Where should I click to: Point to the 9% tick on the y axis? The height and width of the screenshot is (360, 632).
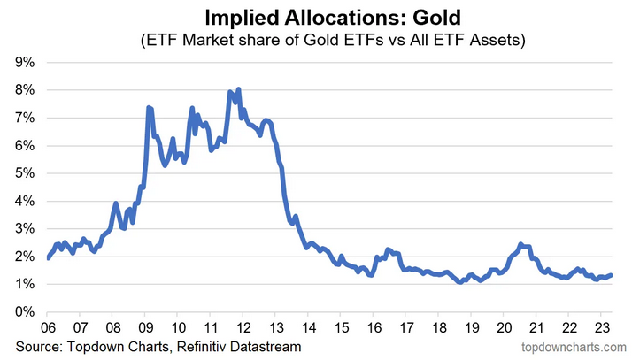pyautogui.click(x=24, y=62)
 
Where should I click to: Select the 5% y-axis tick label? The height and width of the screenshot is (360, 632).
pyautogui.click(x=24, y=173)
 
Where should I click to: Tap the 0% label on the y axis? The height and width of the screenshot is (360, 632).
pyautogui.click(x=24, y=312)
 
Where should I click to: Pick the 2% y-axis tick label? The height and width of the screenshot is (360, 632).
pyautogui.click(x=24, y=257)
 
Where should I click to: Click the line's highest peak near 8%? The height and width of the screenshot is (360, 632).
pyautogui.click(x=239, y=89)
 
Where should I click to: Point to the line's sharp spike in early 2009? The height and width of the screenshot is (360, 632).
pyautogui.click(x=149, y=107)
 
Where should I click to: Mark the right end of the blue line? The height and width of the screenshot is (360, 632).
pyautogui.click(x=612, y=275)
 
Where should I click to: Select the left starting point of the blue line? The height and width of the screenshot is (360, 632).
pyautogui.click(x=47, y=258)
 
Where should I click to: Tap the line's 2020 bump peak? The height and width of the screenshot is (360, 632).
pyautogui.click(x=520, y=244)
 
